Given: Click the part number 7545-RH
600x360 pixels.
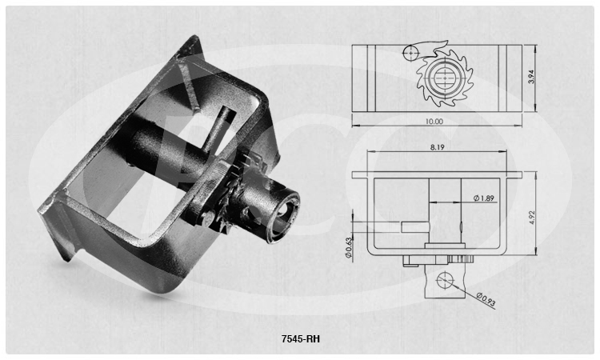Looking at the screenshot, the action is pyautogui.click(x=300, y=339).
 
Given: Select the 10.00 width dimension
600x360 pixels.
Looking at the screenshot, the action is pyautogui.click(x=434, y=122).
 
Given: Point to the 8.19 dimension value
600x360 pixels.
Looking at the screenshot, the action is pyautogui.click(x=437, y=147).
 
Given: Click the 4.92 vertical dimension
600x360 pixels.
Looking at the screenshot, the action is pyautogui.click(x=533, y=217).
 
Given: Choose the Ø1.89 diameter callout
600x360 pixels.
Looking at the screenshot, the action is pyautogui.click(x=484, y=198).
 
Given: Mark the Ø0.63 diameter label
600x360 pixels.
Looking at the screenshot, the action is pyautogui.click(x=348, y=247).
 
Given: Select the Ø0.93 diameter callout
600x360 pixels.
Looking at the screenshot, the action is pyautogui.click(x=486, y=299).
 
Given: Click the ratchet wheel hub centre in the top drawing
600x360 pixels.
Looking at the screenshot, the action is pyautogui.click(x=445, y=78).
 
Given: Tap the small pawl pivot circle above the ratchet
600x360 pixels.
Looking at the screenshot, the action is pyautogui.click(x=410, y=53).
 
